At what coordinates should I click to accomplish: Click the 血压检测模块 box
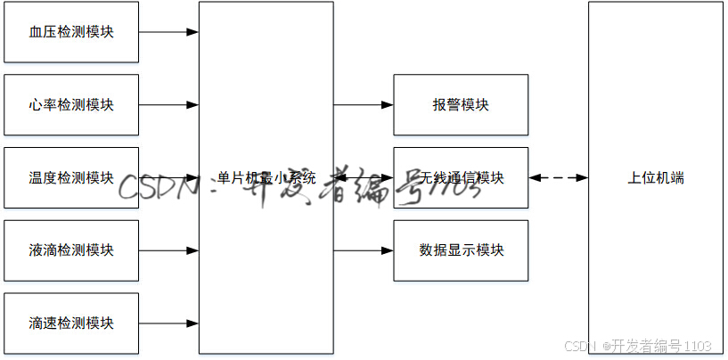71,32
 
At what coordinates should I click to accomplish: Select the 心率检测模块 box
71,105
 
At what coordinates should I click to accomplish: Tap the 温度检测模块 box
71,177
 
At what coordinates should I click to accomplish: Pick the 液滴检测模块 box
71,250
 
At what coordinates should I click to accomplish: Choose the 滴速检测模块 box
71,323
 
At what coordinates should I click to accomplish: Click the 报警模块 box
461,105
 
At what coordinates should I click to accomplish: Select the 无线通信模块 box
461,177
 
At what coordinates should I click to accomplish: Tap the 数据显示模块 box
461,250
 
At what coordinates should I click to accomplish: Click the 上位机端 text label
656,178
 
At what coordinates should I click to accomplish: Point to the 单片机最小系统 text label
266,178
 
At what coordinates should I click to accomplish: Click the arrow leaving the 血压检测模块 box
168,32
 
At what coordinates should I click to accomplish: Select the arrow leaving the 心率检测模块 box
168,105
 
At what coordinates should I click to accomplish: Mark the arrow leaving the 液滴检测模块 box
168,250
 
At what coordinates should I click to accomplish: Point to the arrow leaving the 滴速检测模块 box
168,323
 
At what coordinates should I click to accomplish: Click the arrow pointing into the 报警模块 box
364,105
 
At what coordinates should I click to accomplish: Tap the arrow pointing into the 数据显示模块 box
364,250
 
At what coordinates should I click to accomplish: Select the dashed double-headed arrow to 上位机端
559,178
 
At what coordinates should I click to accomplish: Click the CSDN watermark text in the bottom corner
580,346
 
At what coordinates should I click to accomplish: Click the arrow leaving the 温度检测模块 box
168,177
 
